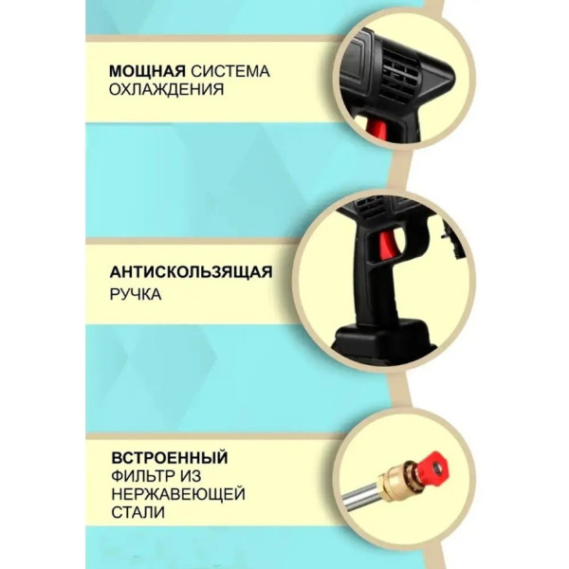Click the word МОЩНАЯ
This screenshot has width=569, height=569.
[147, 71]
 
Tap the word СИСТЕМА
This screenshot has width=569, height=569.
[230, 71]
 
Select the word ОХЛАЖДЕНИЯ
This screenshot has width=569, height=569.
[167, 89]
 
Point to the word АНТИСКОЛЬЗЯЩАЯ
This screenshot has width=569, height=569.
[191, 272]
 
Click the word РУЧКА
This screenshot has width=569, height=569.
[136, 294]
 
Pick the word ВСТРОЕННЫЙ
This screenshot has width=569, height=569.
[170, 457]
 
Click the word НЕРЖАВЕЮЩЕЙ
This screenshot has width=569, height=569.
[178, 494]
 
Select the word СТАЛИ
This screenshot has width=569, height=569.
[138, 512]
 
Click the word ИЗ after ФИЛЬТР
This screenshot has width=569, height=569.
[189, 476]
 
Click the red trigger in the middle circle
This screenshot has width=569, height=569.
[388, 248]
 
